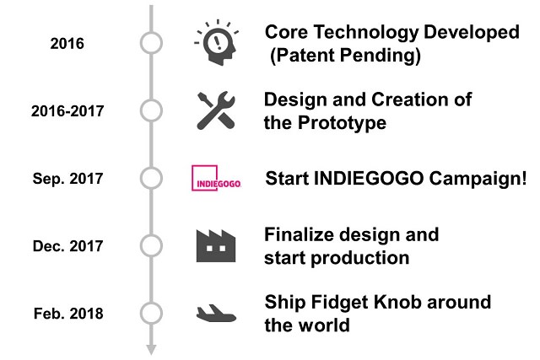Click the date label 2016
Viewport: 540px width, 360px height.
click(x=67, y=43)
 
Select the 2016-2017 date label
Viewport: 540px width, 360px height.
click(x=67, y=111)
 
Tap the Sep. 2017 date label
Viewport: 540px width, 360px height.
click(x=67, y=179)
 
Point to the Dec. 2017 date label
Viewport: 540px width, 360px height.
click(x=67, y=246)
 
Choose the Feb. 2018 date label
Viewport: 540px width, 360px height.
click(x=67, y=314)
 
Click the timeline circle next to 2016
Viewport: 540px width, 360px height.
click(x=151, y=43)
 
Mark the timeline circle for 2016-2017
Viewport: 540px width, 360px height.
click(x=151, y=110)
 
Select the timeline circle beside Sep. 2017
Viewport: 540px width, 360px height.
click(x=151, y=178)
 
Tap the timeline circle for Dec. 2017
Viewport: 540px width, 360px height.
click(x=151, y=245)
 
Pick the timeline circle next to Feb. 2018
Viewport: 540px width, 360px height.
click(x=151, y=313)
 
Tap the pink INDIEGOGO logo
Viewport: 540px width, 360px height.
click(x=216, y=179)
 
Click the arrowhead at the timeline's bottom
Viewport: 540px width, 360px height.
click(x=151, y=348)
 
